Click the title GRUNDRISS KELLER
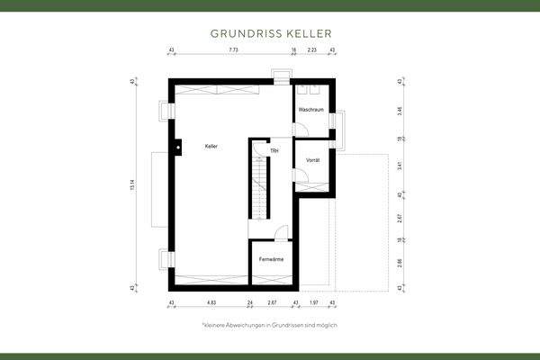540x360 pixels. point(269,32)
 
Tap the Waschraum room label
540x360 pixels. point(310,110)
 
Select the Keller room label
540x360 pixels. point(211,146)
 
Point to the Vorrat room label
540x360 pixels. point(313,159)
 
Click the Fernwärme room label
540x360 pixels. point(271,259)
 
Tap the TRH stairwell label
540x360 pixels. point(274,150)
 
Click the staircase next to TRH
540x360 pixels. point(259,184)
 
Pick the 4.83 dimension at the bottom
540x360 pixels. point(210,302)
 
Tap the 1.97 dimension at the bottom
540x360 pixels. point(314,302)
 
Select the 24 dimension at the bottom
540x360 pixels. point(250,302)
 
